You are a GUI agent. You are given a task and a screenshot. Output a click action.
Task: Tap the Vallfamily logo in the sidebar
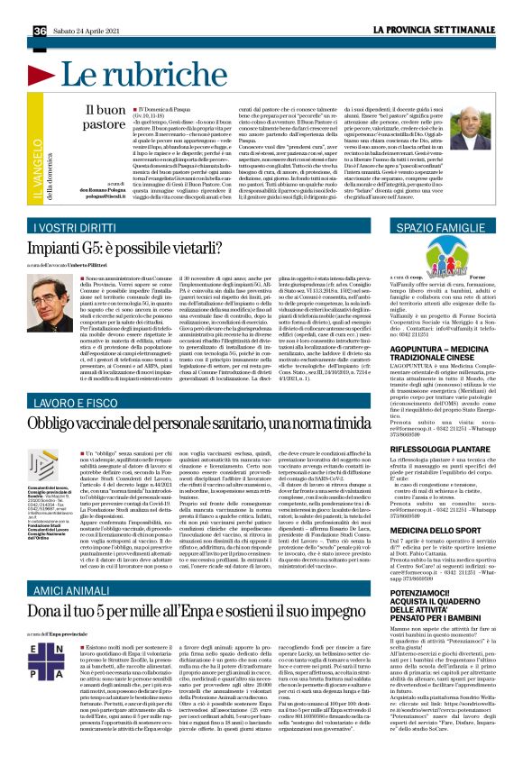point(424,259)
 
